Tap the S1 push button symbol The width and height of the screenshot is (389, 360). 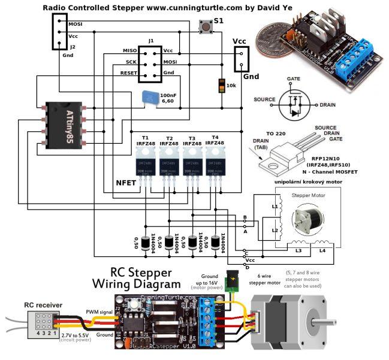point(203,26)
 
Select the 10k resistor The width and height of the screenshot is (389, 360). point(223,84)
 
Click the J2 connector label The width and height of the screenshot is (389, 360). point(73,46)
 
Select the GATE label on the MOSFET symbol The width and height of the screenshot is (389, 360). point(294,79)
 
